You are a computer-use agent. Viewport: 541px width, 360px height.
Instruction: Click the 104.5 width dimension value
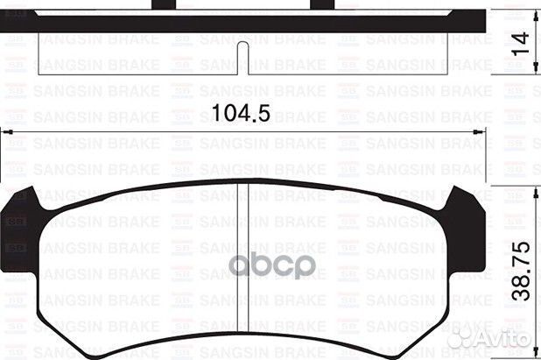[x=239, y=113]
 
